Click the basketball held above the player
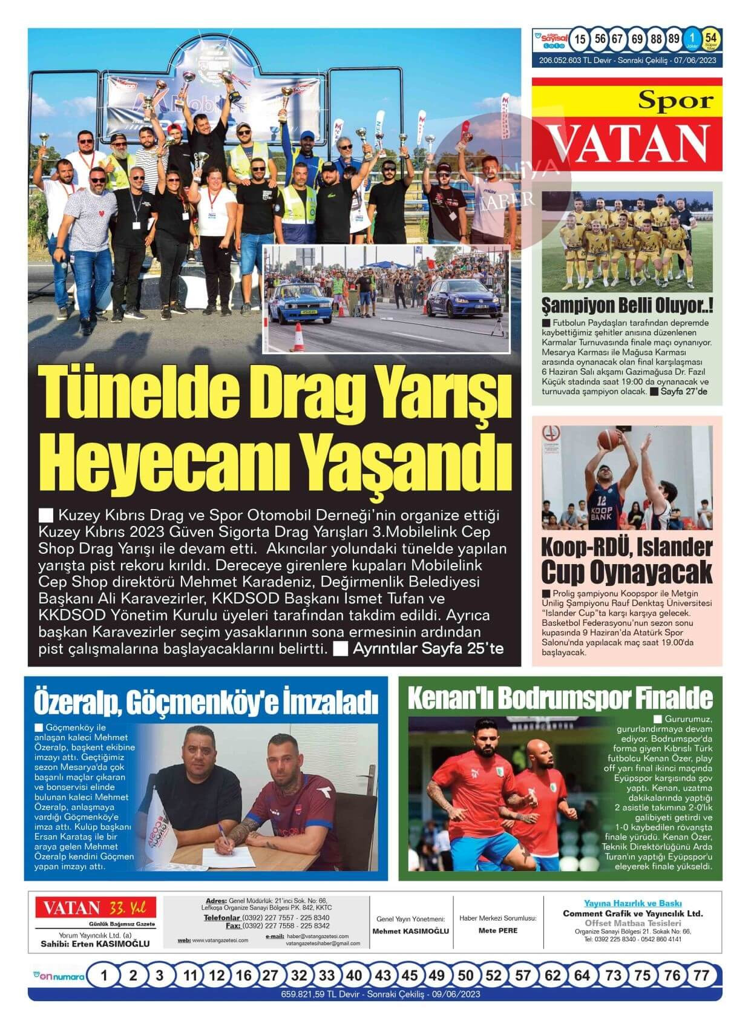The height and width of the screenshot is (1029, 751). pos(608,437)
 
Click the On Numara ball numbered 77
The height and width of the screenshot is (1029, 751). pos(701,975)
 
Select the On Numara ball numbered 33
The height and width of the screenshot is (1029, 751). pos(327,975)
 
